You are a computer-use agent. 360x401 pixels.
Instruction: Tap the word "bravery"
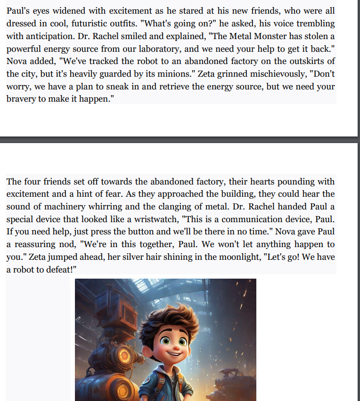[22, 100]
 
